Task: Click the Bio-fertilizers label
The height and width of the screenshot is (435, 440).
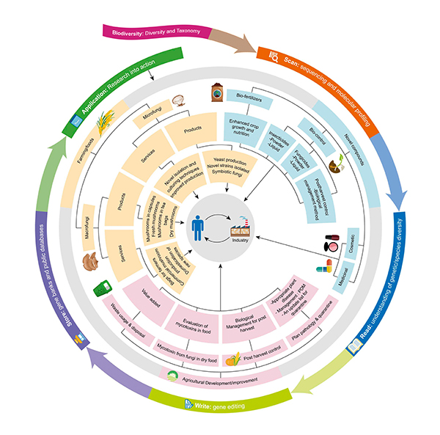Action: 249,97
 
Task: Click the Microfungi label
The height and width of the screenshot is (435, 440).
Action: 156,111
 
